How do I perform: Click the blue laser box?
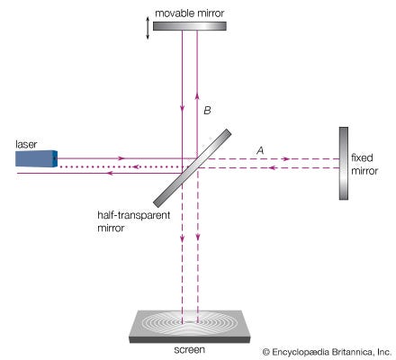(36, 158)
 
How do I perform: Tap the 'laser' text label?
(26, 144)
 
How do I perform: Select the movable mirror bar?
(190, 26)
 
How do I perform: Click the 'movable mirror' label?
(190, 13)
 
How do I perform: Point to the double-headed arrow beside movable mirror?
(148, 28)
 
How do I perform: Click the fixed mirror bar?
(344, 163)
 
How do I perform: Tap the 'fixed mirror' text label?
(364, 164)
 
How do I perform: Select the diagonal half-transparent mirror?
(193, 168)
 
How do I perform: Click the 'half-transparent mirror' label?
(134, 221)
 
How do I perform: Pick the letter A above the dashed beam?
(260, 150)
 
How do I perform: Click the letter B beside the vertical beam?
(207, 111)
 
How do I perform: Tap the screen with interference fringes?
(190, 327)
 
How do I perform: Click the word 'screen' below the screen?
(190, 350)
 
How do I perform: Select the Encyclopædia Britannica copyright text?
(327, 352)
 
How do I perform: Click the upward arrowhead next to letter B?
(197, 95)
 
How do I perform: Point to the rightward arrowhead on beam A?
(286, 158)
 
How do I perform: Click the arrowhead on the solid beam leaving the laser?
(121, 158)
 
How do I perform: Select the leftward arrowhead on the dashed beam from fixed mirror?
(272, 167)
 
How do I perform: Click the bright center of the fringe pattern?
(190, 321)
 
